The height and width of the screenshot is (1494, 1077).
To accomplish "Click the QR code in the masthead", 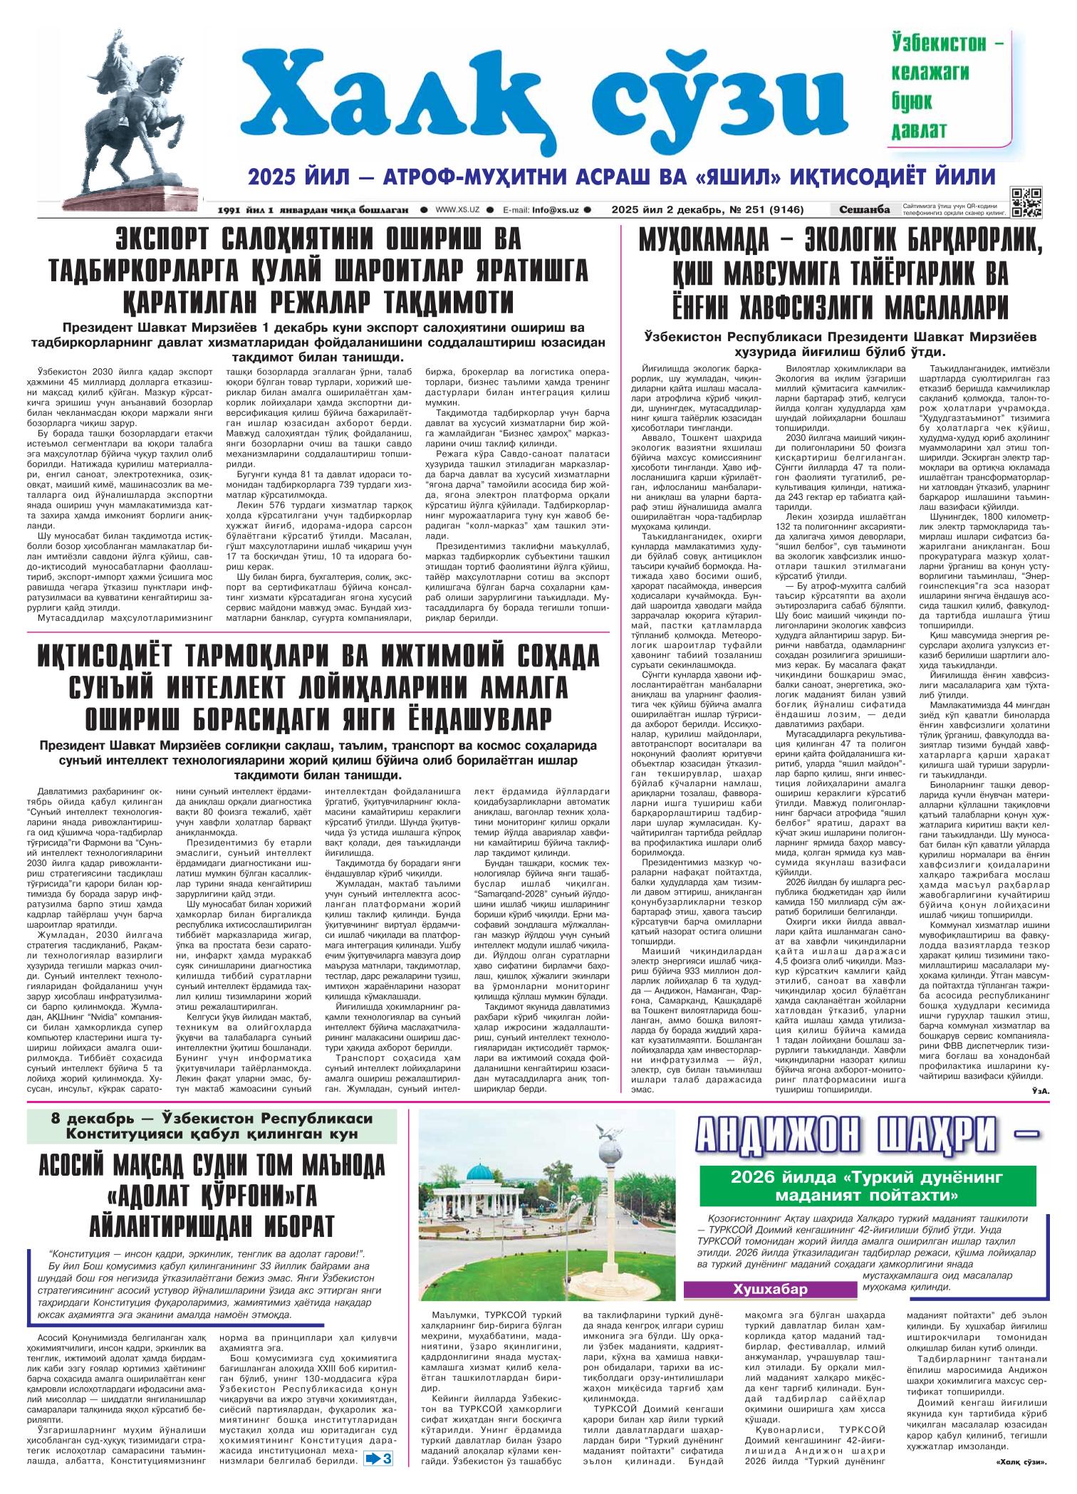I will (x=1026, y=202).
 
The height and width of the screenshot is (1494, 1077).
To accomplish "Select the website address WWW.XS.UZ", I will (x=457, y=210).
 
